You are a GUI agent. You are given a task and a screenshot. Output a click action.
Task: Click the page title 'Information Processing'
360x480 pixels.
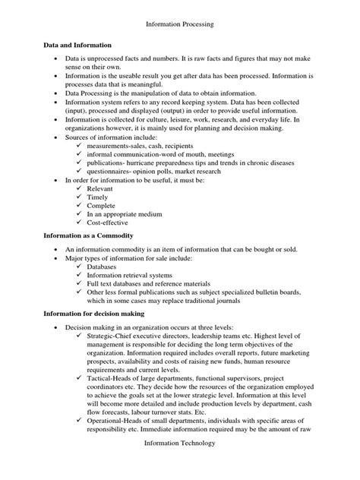[x=179, y=24]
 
